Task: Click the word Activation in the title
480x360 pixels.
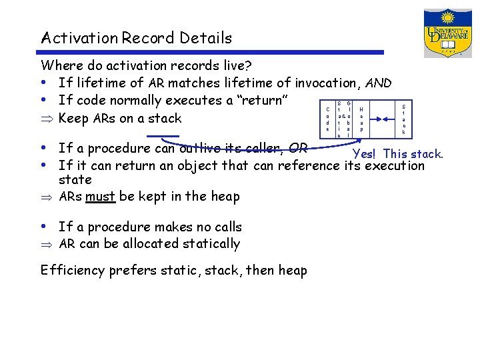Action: point(79,38)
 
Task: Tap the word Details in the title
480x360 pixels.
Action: point(205,38)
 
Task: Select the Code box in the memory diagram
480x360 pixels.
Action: point(327,119)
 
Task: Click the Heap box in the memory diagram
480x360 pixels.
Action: point(361,119)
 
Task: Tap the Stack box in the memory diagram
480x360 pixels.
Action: point(404,119)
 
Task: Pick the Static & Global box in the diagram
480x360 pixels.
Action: point(344,119)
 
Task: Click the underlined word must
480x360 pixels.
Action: point(100,197)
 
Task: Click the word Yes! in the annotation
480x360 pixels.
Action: point(366,154)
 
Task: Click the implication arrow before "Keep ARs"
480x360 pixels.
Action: point(46,119)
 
